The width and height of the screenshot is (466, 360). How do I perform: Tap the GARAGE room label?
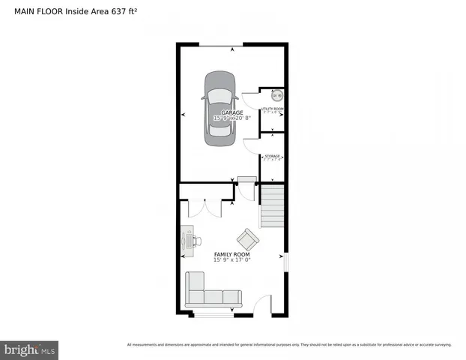pos(232,112)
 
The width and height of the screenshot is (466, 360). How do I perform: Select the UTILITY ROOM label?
pos(272,109)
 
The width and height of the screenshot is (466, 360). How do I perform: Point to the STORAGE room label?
pos(272,156)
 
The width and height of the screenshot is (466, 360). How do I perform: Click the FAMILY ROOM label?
pos(232,255)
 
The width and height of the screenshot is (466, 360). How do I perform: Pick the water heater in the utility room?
pos(276,95)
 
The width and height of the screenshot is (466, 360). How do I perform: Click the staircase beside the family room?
pos(273,207)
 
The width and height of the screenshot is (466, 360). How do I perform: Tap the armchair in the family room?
pos(248,240)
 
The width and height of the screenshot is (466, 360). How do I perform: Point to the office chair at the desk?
pos(196,241)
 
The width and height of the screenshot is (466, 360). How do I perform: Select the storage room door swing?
pos(252,144)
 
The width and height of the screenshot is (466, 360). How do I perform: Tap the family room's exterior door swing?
pos(262,306)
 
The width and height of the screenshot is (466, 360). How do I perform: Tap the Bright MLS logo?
pos(30,349)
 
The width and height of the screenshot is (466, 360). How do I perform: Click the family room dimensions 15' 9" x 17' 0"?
pos(232,261)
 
